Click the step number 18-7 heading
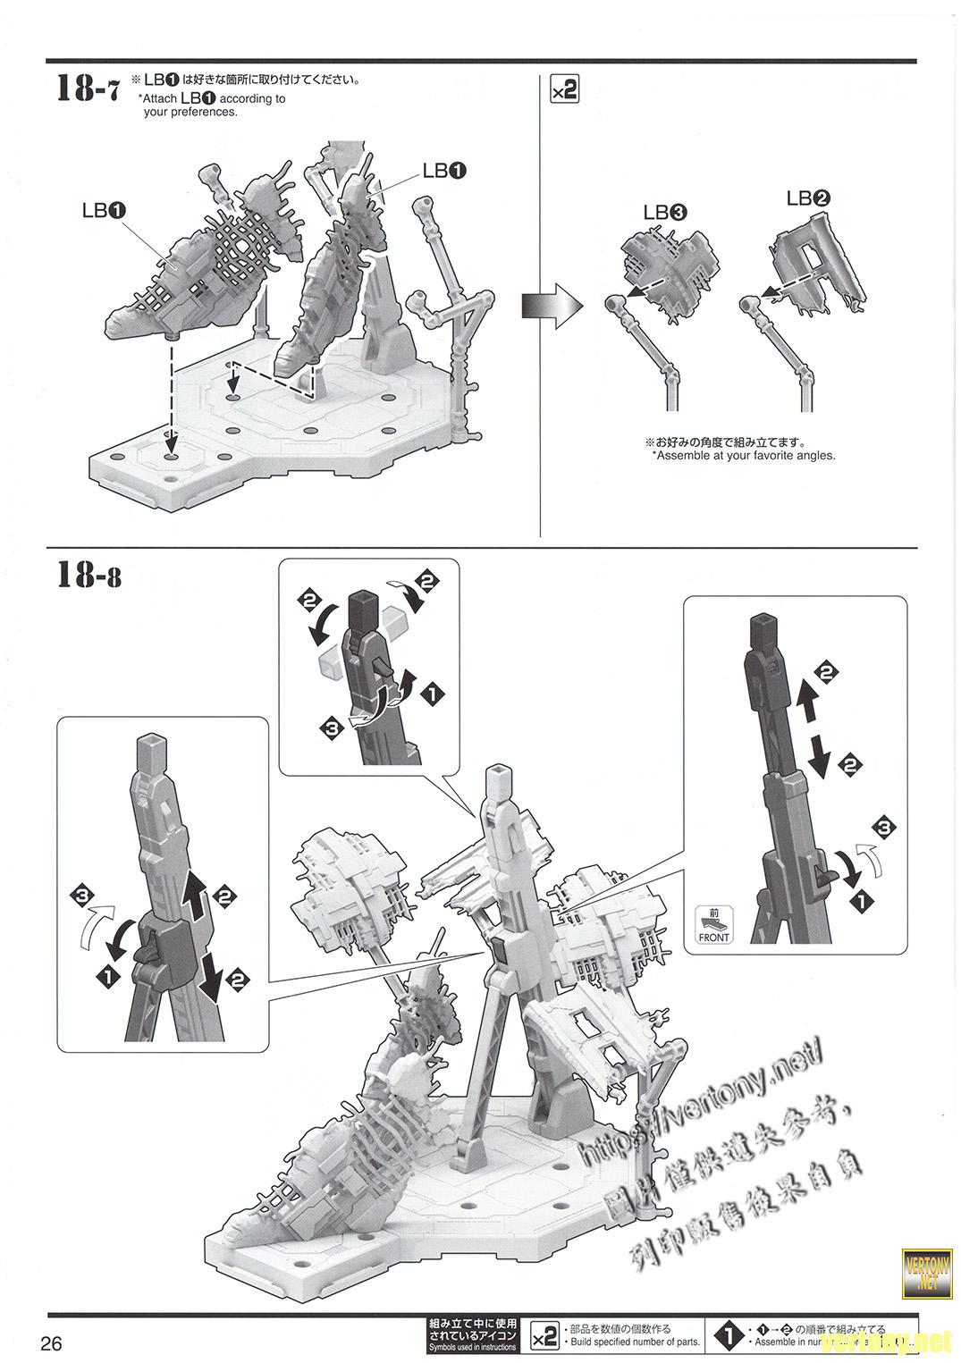point(87,89)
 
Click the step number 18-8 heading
point(89,575)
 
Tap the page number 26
point(51,1343)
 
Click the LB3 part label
point(665,213)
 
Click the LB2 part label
point(808,198)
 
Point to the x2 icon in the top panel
point(565,90)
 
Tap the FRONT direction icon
point(713,924)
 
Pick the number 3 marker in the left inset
point(83,895)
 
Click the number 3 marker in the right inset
point(883,828)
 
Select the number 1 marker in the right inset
point(860,904)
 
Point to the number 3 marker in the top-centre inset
point(333,729)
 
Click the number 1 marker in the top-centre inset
point(434,693)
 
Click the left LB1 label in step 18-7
point(104,210)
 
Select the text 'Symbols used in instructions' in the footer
point(472,1347)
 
